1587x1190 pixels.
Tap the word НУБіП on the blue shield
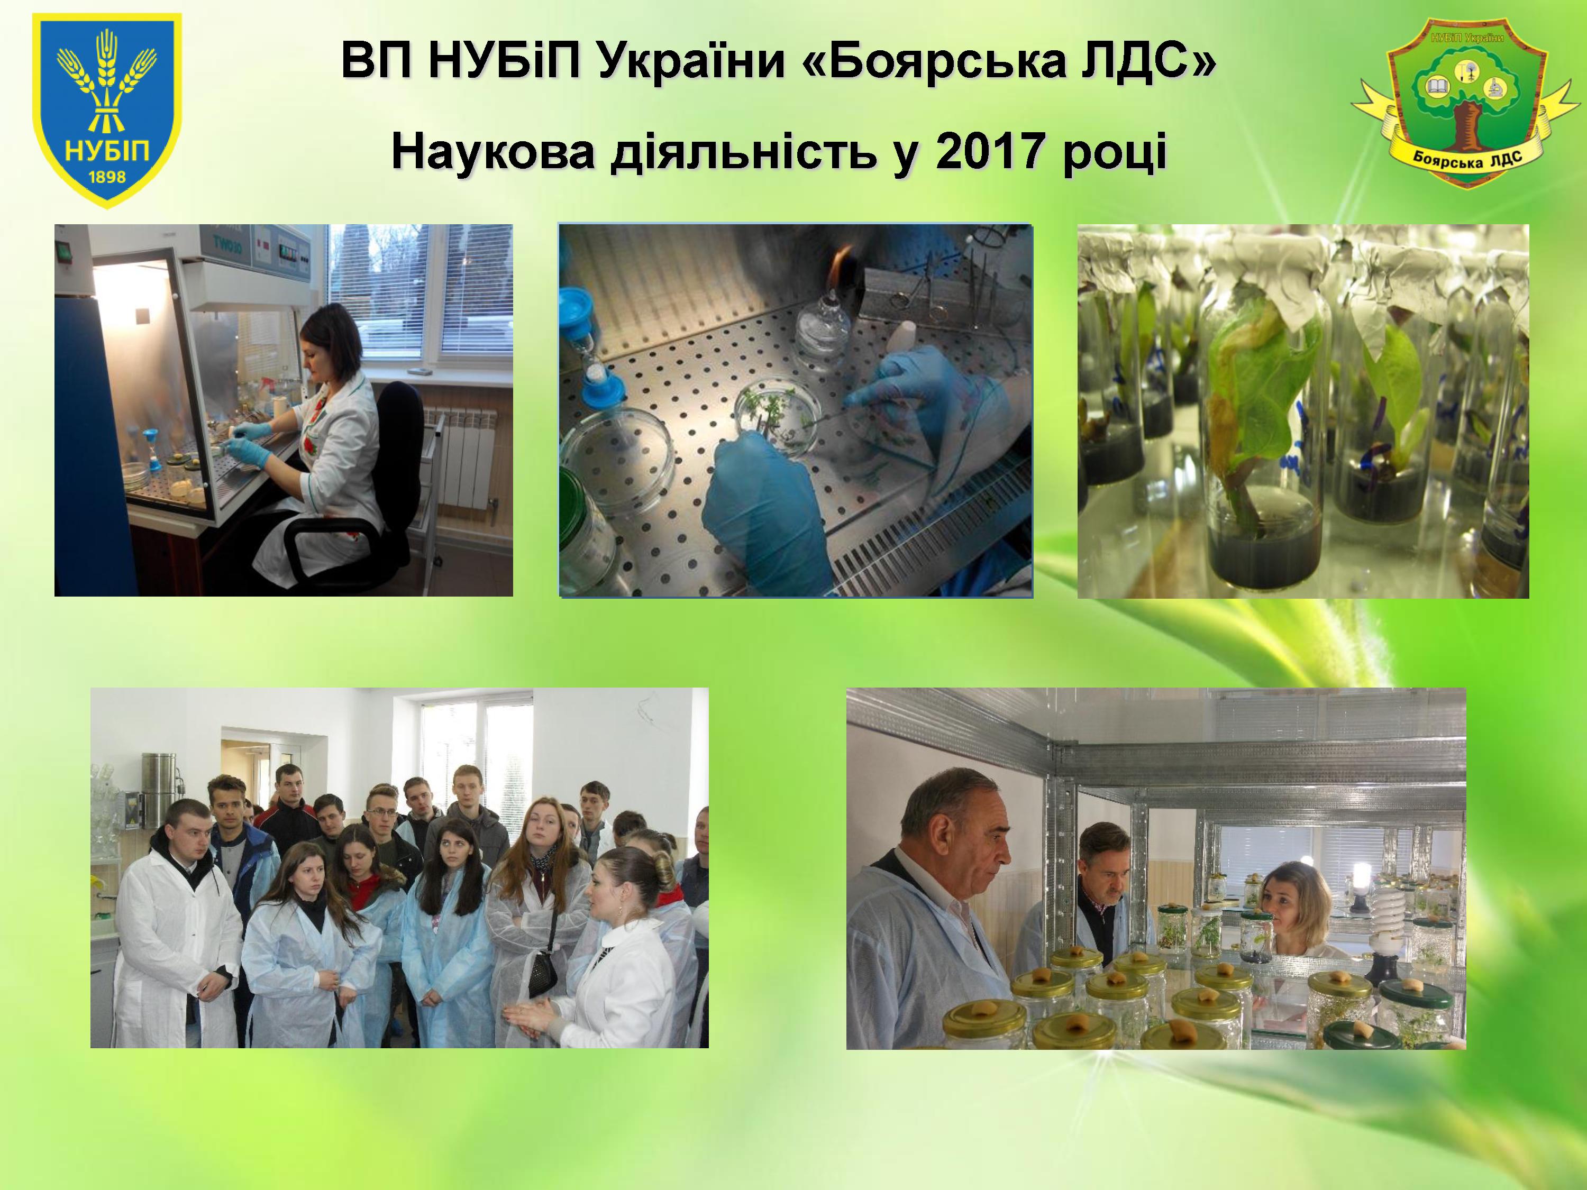(106, 152)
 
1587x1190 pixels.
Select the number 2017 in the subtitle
(988, 153)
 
